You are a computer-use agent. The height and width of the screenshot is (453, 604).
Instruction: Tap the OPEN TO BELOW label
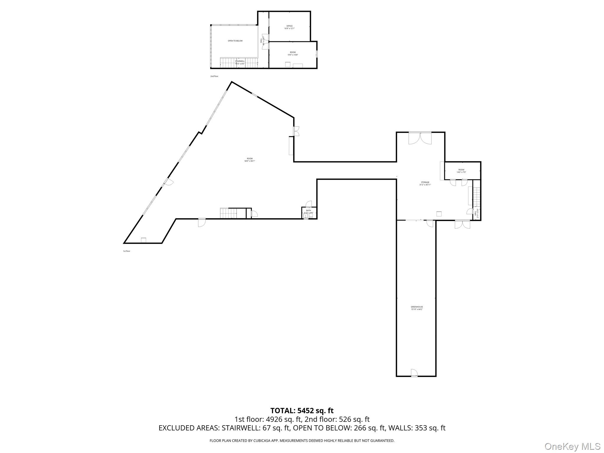point(235,41)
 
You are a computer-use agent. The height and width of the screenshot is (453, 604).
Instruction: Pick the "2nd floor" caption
point(214,76)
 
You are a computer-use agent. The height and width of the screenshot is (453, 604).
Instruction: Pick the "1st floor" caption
point(126,251)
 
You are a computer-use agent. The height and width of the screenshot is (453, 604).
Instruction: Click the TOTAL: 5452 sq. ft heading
point(302,411)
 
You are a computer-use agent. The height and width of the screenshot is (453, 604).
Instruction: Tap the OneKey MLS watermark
point(572,446)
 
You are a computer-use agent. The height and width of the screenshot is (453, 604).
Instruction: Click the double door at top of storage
point(420,138)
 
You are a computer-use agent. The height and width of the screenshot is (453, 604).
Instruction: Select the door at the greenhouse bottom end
point(414,373)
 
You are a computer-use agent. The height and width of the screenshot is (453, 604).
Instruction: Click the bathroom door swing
point(309,204)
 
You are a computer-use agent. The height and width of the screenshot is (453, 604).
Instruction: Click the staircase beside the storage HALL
point(477,198)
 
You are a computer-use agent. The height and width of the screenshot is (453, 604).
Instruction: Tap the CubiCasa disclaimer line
point(302,441)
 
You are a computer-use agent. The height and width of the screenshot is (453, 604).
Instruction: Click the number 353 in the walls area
point(421,428)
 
